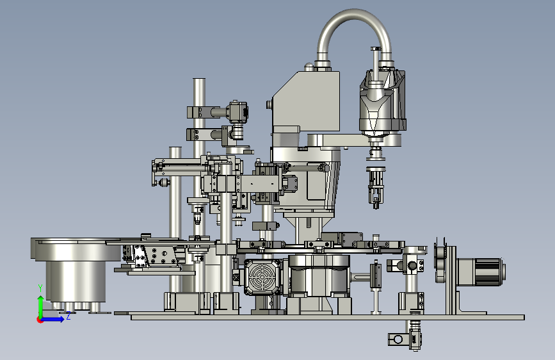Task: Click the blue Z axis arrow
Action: (53, 319)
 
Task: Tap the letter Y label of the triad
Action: (40, 288)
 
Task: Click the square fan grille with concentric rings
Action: (262, 277)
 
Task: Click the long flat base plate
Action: (327, 317)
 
